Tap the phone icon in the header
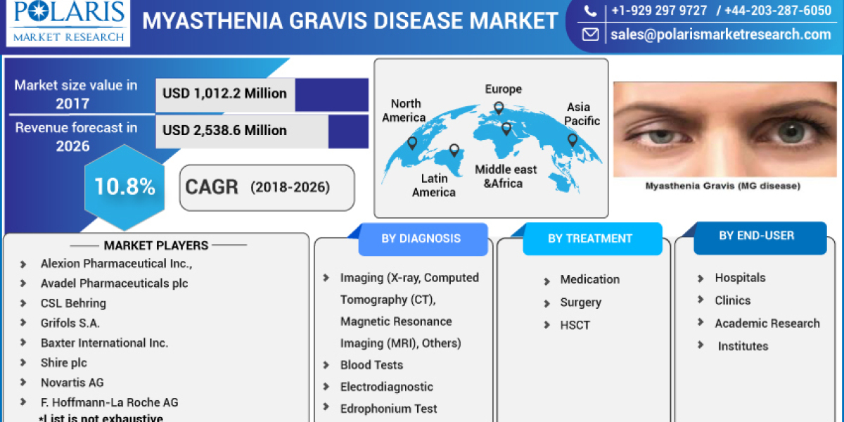[591, 11]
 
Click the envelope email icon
[591, 34]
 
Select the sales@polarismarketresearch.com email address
[721, 34]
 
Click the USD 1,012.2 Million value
[224, 94]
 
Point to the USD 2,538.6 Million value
[224, 130]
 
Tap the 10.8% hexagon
[124, 187]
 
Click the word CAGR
[212, 187]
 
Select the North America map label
[405, 110]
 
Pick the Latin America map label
[433, 186]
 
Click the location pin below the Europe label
[499, 108]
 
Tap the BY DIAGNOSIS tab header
[421, 238]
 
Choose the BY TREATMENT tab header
[590, 238]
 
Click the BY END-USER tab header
[756, 236]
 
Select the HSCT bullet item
[575, 325]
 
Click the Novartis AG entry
[72, 382]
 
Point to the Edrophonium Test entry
[388, 409]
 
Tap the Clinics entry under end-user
[732, 300]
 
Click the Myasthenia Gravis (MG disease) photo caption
[722, 186]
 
